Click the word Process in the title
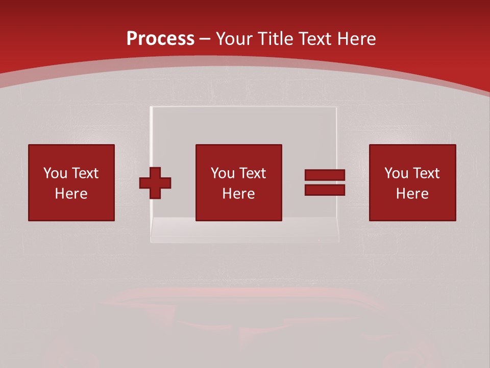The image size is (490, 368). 160,39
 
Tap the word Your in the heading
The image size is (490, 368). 236,39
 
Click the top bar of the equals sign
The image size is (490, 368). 325,175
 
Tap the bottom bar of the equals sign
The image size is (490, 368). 325,190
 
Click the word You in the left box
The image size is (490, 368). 55,173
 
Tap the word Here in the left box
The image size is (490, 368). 71,194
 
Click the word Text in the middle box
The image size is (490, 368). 252,173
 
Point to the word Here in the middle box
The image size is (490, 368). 238,194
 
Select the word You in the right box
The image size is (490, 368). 396,173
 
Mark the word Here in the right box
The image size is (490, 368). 412,194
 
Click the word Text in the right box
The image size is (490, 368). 425,173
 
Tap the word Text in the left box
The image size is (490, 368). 84,173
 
